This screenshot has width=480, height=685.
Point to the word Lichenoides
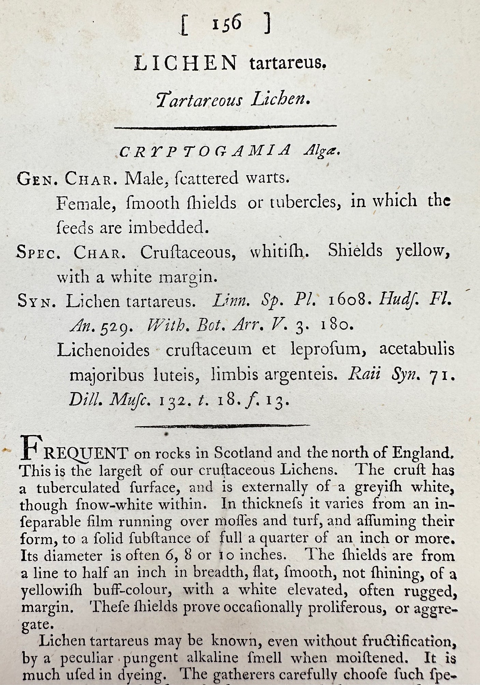(x=103, y=350)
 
